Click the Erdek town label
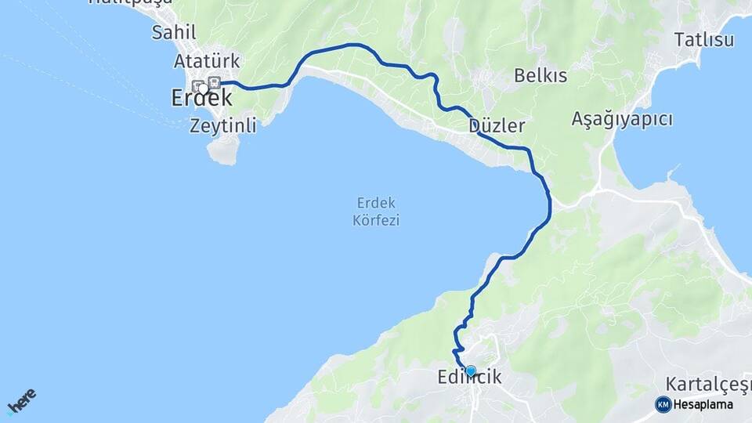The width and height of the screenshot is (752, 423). (201, 98)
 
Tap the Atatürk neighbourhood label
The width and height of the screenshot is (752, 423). (207, 61)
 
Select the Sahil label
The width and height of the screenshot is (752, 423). (174, 32)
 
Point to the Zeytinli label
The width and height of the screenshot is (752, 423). (222, 125)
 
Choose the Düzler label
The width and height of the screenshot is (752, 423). (497, 125)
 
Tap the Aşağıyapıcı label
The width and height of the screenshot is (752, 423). (622, 119)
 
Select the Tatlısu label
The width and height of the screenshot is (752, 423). (704, 40)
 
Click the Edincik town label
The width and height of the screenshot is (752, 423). (470, 378)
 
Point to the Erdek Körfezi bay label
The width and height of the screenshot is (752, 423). (376, 210)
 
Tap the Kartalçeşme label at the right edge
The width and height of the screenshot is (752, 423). (708, 384)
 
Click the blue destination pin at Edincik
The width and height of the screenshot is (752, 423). (471, 371)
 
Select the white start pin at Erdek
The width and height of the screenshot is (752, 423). (203, 89)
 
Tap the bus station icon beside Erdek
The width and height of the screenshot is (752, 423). (214, 83)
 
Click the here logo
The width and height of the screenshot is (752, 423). (21, 401)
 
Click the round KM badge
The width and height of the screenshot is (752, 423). (663, 404)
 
